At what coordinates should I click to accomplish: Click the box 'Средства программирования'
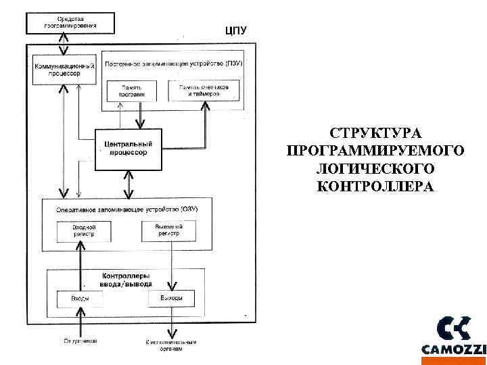point(70,22)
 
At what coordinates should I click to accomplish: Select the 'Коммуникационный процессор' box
point(64,69)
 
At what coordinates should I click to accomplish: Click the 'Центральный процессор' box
point(129,148)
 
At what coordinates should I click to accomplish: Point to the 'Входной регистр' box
point(85,230)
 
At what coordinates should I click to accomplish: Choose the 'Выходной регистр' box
point(169,230)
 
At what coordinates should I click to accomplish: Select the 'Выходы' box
point(170,298)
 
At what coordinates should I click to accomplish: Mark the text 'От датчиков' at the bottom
point(80,341)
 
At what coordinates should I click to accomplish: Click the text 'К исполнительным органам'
point(170,345)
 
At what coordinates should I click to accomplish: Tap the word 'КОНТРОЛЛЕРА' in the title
point(375,186)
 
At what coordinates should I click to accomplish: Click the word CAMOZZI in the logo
point(453,349)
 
